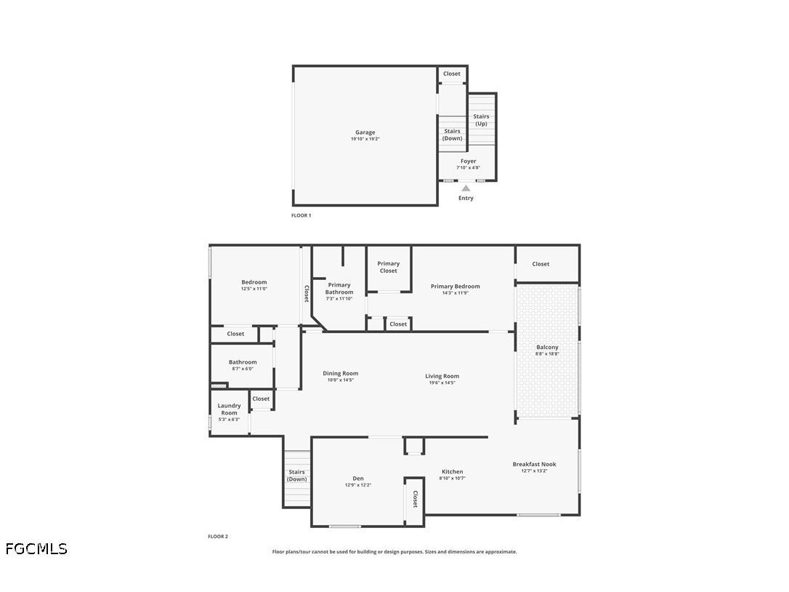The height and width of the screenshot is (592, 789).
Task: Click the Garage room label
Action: click(x=365, y=132)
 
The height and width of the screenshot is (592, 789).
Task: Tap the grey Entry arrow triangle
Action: click(x=466, y=188)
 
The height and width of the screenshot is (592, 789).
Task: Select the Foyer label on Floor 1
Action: click(x=468, y=161)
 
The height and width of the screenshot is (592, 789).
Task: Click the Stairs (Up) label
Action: click(x=481, y=120)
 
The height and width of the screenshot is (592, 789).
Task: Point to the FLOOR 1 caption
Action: click(x=301, y=215)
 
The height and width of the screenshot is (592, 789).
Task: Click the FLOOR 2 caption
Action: click(x=218, y=537)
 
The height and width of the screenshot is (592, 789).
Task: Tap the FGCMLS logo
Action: click(x=36, y=548)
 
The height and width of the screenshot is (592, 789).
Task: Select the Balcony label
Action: click(x=547, y=348)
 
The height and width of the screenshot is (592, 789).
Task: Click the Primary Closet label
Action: click(x=388, y=267)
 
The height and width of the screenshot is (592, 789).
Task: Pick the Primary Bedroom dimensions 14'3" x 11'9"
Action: click(x=455, y=293)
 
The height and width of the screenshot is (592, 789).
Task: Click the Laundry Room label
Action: click(x=229, y=409)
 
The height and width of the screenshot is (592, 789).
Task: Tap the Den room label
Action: click(x=357, y=479)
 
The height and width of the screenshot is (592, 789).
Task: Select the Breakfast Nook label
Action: click(x=534, y=464)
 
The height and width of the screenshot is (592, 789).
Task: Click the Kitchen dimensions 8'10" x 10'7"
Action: click(x=452, y=478)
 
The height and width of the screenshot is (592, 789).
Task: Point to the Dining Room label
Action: click(x=340, y=373)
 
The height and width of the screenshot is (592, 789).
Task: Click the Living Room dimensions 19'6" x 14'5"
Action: click(x=442, y=383)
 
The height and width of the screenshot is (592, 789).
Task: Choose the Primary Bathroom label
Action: click(x=339, y=289)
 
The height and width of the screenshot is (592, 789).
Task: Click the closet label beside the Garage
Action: click(x=451, y=73)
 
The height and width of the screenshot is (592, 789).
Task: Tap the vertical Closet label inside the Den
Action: click(x=415, y=499)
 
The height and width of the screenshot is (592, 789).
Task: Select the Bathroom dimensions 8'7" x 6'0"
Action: click(x=243, y=369)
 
